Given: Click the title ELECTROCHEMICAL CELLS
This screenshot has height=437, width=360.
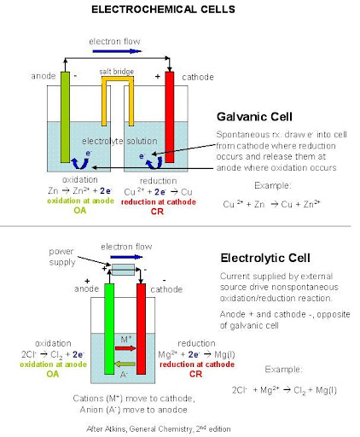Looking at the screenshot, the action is click(x=163, y=9).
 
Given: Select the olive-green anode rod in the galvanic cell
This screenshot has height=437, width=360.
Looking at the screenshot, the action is click(x=65, y=117).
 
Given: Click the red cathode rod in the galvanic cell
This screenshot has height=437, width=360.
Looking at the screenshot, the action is click(x=170, y=117).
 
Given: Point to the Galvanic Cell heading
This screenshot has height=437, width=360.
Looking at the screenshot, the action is click(x=254, y=117).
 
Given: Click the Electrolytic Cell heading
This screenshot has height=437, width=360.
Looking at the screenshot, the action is click(x=265, y=258).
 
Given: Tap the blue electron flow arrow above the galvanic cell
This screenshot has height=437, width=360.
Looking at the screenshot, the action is click(x=117, y=51).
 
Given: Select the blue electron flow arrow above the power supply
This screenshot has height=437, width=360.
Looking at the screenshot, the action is click(x=126, y=257).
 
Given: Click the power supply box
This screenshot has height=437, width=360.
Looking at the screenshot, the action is click(x=123, y=270).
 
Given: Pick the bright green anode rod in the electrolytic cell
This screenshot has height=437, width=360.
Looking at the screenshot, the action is click(x=109, y=329).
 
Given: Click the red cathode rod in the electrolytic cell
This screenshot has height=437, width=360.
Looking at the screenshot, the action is click(x=142, y=329).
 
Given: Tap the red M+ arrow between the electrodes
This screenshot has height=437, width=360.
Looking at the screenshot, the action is click(x=125, y=348).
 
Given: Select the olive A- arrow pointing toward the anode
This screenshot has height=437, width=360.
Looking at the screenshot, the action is click(x=125, y=364).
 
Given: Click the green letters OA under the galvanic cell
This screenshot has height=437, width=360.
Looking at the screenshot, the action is click(x=79, y=210).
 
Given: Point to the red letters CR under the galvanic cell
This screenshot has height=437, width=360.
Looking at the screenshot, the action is click(x=157, y=212).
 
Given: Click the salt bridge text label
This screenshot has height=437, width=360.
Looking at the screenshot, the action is click(x=117, y=72).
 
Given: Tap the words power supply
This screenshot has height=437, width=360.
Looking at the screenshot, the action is click(x=62, y=257).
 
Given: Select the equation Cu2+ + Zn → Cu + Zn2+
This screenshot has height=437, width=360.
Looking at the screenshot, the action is click(x=272, y=204).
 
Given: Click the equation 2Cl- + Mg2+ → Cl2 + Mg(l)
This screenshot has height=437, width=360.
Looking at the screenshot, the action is click(x=284, y=390).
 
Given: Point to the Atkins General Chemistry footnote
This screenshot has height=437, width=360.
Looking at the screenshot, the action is click(x=159, y=428).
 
